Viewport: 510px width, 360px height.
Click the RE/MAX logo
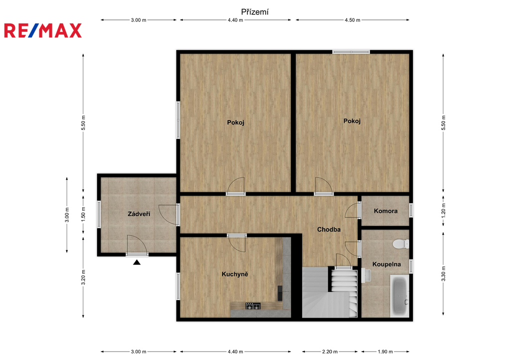43,30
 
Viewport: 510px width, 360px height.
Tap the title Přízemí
255,12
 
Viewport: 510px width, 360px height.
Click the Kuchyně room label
235,274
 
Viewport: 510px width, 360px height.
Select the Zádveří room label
139,214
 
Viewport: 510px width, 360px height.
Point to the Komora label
385,211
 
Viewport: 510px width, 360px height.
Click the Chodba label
329,229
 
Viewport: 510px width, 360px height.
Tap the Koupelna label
386,264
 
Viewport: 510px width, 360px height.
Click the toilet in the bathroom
401,244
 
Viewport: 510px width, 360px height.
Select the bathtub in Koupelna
399,296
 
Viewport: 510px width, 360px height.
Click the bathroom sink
367,275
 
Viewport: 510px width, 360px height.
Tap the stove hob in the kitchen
253,306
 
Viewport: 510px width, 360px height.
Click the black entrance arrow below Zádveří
137,262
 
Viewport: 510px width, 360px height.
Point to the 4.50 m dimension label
353,20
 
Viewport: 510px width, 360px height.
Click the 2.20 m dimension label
330,352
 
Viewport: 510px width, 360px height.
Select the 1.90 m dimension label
385,352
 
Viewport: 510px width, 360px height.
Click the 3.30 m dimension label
443,273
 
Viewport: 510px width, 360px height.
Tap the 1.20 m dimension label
443,211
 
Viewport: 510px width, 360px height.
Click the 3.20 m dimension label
83,277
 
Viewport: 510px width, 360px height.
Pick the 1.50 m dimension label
83,214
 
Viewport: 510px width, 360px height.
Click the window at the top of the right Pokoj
351,52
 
